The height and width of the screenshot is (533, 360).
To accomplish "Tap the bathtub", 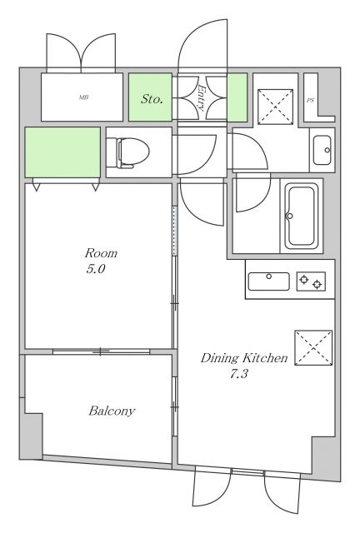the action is point(301,217).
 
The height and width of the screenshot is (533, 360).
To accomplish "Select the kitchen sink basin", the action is point(269,281).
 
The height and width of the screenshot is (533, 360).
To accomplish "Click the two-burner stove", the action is point(311,281).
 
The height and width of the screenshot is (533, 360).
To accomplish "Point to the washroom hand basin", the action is point(322,150).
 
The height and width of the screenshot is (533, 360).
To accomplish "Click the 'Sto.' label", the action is point(152,99).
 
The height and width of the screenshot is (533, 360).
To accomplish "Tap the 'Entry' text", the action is point(202,98).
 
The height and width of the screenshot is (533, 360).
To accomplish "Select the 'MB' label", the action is point(83,97).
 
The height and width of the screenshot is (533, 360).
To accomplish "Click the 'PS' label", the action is point(310,101).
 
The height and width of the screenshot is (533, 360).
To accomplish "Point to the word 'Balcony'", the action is point(112,411).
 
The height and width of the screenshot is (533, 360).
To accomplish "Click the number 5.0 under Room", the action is point(95,269).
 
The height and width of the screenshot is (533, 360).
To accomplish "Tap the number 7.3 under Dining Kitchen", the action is point(239,374).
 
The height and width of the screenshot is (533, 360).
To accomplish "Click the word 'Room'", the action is point(101,253).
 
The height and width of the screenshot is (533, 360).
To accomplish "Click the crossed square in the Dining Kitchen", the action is point(313,347).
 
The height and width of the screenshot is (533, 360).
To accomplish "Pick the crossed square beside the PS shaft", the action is point(275,107).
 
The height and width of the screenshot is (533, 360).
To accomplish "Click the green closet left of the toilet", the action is point(62,152).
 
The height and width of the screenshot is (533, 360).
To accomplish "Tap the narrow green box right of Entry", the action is point(237,97).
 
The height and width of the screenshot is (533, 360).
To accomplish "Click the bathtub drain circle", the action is point(290,216).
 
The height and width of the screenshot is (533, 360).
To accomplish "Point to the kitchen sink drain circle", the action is point(269,276).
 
